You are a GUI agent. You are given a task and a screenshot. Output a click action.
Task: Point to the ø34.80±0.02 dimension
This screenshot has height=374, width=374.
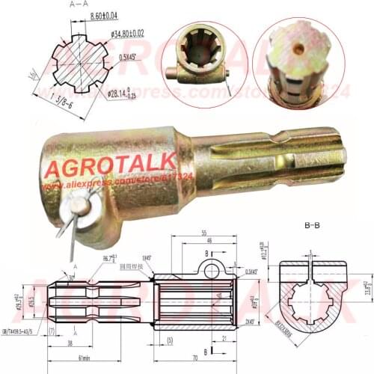(x=127, y=34)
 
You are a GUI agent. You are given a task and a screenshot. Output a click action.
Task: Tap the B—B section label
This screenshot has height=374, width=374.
(x=313, y=224)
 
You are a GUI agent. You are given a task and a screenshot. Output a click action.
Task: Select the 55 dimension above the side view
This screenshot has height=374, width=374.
(x=204, y=233)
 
